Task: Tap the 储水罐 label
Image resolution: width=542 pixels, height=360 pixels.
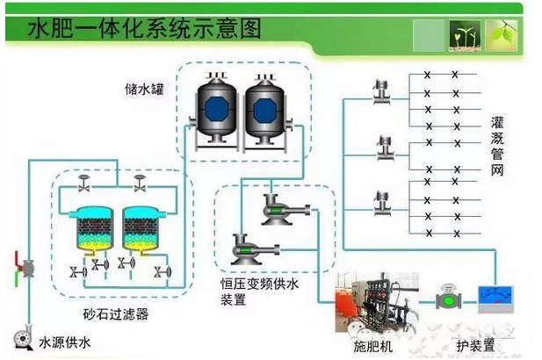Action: click(141, 89)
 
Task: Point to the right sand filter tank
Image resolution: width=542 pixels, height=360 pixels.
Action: click(141, 227)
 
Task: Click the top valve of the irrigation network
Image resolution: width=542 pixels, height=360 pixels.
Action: click(381, 90)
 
